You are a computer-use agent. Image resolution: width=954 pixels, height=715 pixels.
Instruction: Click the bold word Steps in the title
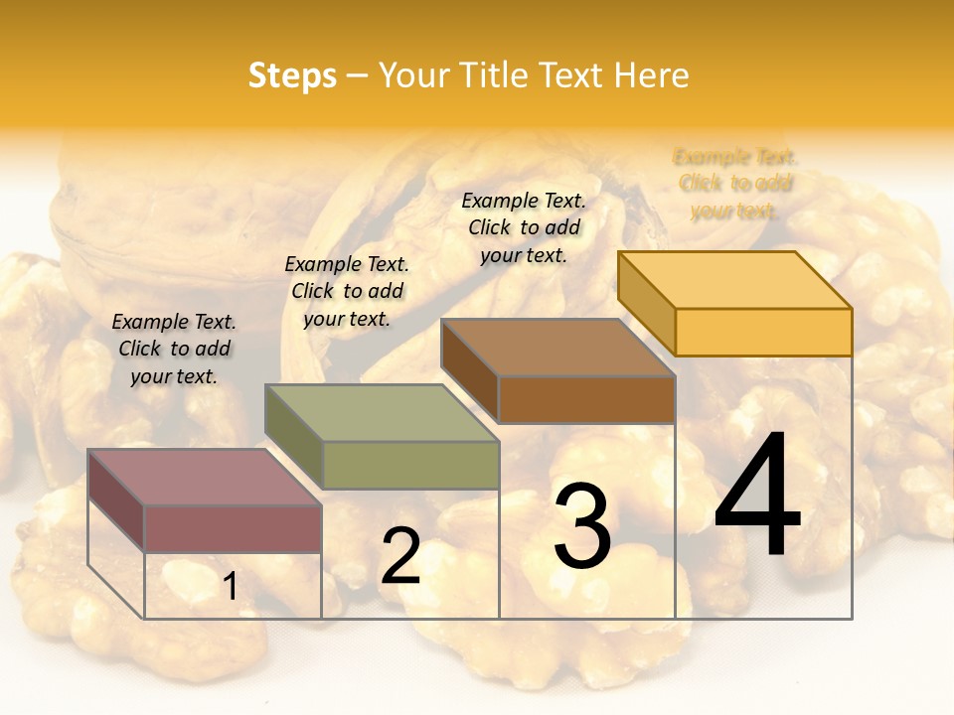[292, 75]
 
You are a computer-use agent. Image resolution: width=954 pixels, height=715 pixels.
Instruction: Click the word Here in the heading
[651, 75]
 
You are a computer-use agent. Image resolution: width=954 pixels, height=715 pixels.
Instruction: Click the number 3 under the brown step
[582, 526]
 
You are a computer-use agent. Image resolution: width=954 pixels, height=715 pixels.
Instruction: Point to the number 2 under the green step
[400, 556]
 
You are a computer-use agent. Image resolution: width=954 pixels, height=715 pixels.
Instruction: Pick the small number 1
[231, 586]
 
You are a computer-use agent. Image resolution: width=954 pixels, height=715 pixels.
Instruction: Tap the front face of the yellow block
[763, 332]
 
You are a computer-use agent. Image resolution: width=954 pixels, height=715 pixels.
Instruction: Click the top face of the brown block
[558, 348]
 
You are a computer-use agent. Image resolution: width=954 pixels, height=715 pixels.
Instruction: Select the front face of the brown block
[586, 399]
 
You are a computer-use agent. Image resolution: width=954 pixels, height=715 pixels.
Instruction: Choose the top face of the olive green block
[382, 413]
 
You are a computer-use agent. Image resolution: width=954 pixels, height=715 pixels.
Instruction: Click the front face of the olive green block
[409, 465]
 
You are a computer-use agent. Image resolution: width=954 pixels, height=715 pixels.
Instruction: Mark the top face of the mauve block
[205, 478]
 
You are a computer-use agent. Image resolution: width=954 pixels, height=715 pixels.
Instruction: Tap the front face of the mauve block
[233, 528]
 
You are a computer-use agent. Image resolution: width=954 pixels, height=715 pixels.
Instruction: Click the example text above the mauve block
[174, 349]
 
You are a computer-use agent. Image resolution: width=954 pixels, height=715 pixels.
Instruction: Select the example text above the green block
[347, 291]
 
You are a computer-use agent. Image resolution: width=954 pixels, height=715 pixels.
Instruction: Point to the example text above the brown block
[524, 227]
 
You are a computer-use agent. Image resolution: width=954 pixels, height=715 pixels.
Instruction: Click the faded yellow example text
[735, 184]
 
